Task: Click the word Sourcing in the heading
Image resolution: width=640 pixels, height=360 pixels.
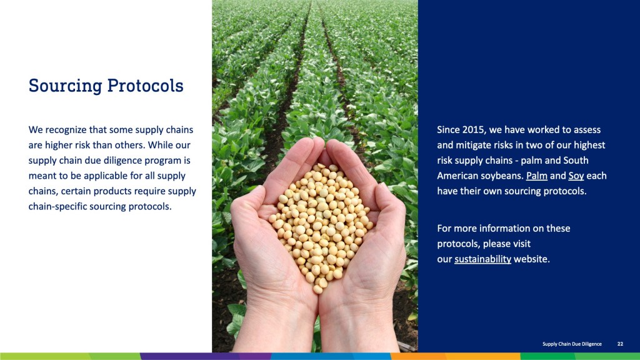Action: [65, 86]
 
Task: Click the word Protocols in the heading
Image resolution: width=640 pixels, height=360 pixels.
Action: [145, 86]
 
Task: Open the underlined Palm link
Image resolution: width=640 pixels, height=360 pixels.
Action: [537, 176]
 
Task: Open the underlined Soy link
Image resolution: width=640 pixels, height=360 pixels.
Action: [576, 176]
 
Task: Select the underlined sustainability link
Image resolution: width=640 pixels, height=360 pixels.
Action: [483, 259]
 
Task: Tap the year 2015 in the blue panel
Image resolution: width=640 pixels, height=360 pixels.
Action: [473, 130]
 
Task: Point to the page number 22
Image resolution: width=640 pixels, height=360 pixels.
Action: [620, 344]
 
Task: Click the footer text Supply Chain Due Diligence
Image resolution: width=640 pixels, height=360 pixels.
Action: [572, 344]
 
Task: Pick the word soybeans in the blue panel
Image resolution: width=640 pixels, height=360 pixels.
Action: [503, 176]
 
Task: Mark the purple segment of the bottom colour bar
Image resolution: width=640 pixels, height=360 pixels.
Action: [205, 356]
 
